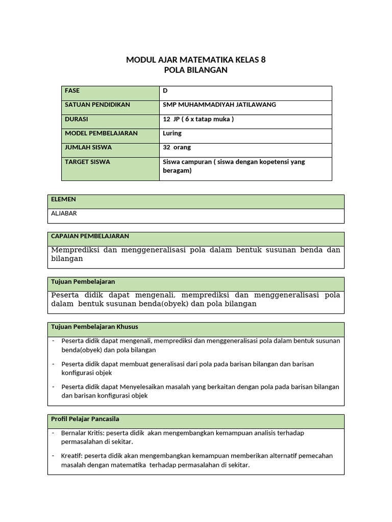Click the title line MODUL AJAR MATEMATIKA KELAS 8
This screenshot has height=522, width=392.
coord(195,60)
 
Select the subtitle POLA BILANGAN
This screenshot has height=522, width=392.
coord(195,70)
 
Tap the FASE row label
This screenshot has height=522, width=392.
coord(72,91)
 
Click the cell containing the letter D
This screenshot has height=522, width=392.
coord(165,91)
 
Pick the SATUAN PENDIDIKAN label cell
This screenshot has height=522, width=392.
coord(97,105)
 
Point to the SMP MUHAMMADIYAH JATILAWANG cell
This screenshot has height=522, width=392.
coord(219,105)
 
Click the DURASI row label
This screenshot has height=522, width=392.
coord(77,119)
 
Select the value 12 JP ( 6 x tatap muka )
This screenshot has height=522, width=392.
coord(198,119)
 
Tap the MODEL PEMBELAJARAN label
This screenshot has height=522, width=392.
coord(101,133)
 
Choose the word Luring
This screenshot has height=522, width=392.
coord(172,133)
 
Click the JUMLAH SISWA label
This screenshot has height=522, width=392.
coord(88,147)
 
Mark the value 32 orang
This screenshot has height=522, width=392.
coord(177,147)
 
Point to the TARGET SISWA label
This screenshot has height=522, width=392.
coord(87,162)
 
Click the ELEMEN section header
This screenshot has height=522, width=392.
coord(63,199)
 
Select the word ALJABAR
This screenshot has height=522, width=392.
coord(64,213)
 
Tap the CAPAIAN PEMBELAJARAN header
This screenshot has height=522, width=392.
coord(90,236)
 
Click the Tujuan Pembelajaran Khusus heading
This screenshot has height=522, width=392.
coord(94,326)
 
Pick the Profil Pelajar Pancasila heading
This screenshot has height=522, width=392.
coord(85,419)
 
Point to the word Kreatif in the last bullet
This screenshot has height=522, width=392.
coord(70,456)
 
